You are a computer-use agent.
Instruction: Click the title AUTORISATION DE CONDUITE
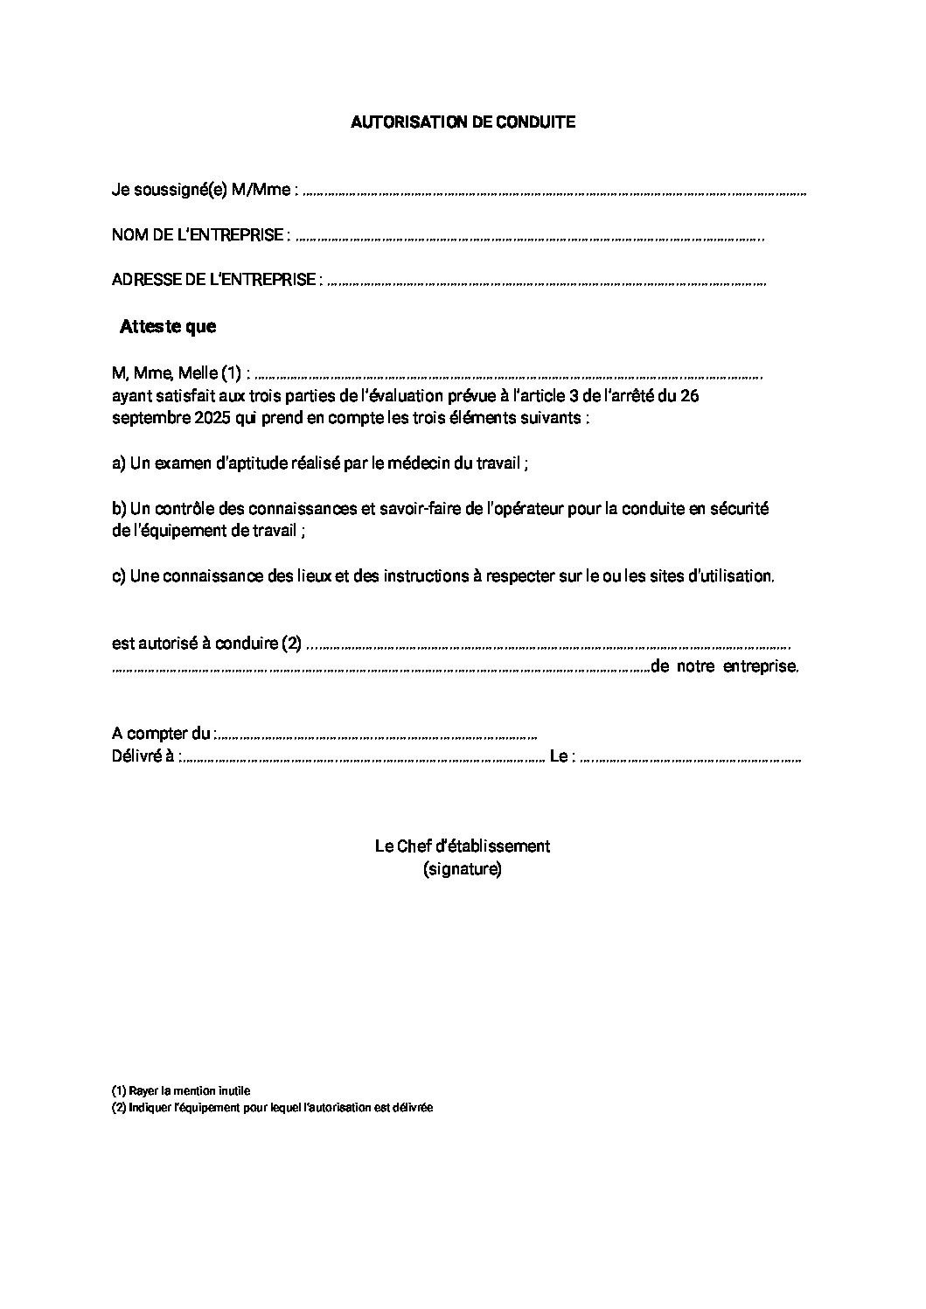(463, 122)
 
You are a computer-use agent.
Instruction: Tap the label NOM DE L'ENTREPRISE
(198, 235)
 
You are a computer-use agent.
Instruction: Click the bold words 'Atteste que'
(168, 327)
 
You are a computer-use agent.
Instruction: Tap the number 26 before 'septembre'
(689, 396)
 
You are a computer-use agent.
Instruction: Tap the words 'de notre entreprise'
(725, 667)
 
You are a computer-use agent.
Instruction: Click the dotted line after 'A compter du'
(376, 735)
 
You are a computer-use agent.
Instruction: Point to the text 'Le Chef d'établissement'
(462, 846)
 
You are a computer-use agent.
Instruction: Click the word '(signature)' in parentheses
(462, 870)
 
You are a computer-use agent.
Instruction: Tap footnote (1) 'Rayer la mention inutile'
(181, 1091)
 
